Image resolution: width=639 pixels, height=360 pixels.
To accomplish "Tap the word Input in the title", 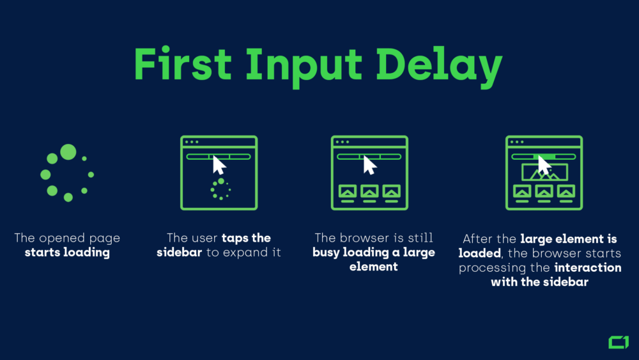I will click(301, 65).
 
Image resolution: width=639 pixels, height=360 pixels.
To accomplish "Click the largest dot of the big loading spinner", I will click(68, 152).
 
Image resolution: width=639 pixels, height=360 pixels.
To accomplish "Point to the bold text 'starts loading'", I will click(67, 253).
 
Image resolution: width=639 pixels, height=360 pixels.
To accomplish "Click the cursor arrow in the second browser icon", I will click(219, 165).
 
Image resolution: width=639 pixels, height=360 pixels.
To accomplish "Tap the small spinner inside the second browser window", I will click(220, 189).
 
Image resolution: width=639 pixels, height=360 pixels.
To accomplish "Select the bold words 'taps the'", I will click(246, 239).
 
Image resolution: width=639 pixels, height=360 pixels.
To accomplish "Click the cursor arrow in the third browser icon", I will click(369, 165).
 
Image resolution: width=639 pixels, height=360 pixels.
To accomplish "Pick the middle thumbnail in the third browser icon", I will click(369, 191).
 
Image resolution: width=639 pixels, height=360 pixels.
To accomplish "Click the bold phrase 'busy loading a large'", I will click(374, 253).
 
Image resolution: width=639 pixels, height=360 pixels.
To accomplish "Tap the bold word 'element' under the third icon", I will click(374, 267).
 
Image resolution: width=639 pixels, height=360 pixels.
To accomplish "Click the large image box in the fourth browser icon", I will click(544, 172).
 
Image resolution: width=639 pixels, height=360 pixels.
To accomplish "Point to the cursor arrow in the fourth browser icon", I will click(544, 165).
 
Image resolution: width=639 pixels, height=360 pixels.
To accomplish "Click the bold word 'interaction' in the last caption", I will click(588, 267).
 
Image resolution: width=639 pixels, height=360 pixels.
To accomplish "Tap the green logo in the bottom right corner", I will click(618, 342).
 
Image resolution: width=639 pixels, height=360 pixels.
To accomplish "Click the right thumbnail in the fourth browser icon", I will click(566, 191).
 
